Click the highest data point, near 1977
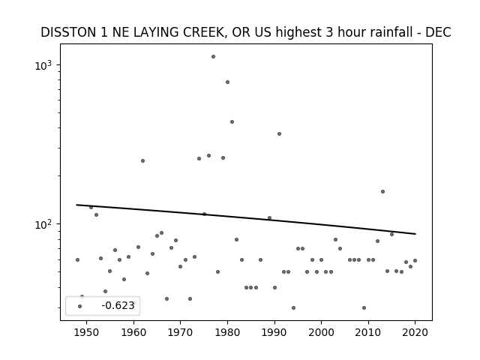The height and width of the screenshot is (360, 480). (213, 57)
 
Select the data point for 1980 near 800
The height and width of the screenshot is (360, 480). (227, 82)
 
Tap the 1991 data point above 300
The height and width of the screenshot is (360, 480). (279, 133)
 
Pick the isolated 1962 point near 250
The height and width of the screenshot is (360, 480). (142, 160)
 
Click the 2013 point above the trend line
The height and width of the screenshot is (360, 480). (382, 192)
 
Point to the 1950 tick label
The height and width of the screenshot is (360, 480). (87, 332)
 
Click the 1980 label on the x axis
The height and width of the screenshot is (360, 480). (227, 332)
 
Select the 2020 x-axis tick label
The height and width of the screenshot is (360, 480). (415, 332)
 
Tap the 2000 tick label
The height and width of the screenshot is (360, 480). (322, 332)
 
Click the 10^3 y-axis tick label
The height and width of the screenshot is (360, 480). (43, 65)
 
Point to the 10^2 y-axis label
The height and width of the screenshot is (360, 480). (43, 224)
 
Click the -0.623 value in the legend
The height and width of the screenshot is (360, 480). (118, 305)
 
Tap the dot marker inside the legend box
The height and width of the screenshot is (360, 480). (80, 306)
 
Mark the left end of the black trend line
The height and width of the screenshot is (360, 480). (76, 205)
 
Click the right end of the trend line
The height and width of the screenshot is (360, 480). (415, 234)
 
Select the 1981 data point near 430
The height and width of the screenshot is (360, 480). (232, 121)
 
